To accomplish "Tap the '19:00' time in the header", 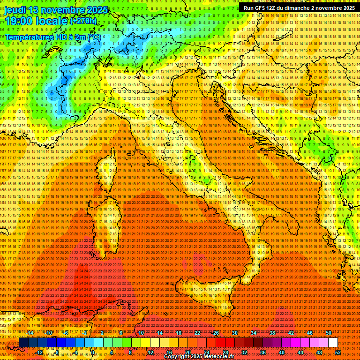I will pos(19,21).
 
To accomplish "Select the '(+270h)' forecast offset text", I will pos(83,21).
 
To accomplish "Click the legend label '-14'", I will pos(30,333).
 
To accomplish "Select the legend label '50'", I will pos(328,333).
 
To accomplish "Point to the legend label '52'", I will pos(338,352).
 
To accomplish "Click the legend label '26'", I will pos(216,333).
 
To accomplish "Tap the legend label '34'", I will pos(253,333).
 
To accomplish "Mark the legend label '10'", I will pos(141,333).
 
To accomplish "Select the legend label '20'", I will pos(187,352).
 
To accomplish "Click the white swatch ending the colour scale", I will pos(333,343).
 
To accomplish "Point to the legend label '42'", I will pos(291,333).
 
